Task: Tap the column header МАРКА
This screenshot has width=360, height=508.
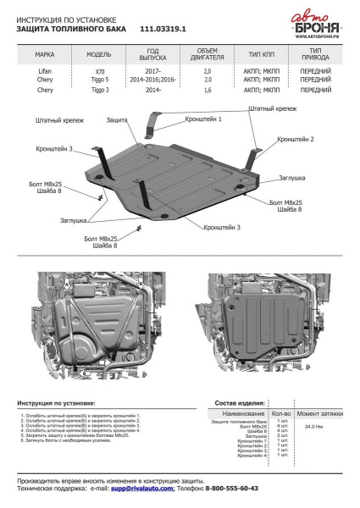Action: (44, 52)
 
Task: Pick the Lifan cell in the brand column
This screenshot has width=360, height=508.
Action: (44, 73)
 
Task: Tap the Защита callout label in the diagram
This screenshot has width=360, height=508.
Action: (117, 121)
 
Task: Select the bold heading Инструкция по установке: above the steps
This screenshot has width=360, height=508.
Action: (56, 403)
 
